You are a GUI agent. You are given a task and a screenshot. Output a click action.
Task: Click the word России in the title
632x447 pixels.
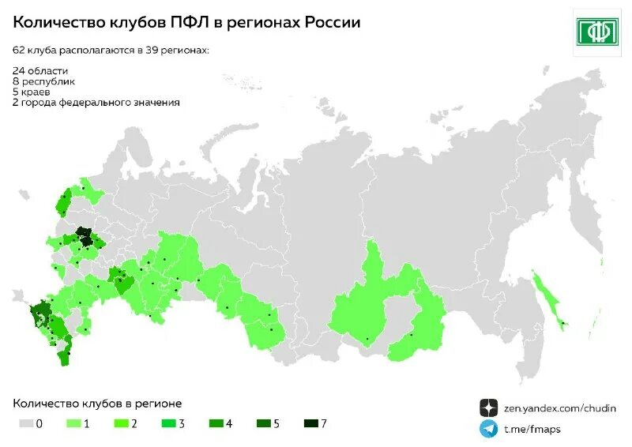[x=327, y=23]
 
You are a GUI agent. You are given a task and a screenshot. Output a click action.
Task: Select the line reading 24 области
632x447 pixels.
[x=39, y=71]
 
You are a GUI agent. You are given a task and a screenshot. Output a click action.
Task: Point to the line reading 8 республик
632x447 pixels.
[x=44, y=81]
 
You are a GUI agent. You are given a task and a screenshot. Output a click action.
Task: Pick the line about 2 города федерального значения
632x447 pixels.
[x=96, y=103]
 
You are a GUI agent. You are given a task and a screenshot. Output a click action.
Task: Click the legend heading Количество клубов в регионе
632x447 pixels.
[x=97, y=404]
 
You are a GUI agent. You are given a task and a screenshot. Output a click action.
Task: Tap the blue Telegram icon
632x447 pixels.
[x=489, y=429]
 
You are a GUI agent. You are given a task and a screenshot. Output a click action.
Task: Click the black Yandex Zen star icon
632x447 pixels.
[x=489, y=408]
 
